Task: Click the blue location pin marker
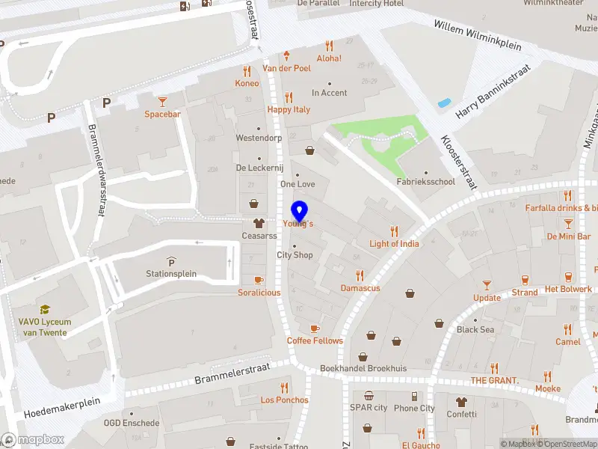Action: (x=300, y=211)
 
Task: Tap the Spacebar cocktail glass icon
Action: (x=162, y=101)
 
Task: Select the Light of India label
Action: (x=394, y=243)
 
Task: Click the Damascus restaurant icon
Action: (x=360, y=275)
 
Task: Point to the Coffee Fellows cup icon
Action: (x=315, y=328)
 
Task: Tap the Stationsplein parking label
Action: (x=171, y=273)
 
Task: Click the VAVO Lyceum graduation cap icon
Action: (x=44, y=309)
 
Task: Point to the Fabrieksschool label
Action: (x=425, y=181)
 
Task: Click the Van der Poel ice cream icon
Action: (x=288, y=55)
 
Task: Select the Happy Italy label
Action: (x=289, y=109)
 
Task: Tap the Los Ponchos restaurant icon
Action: (x=284, y=387)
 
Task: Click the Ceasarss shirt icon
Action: (x=259, y=222)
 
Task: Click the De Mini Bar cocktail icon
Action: (x=568, y=223)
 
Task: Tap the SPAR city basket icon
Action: (x=369, y=395)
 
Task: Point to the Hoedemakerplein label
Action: (x=62, y=407)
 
